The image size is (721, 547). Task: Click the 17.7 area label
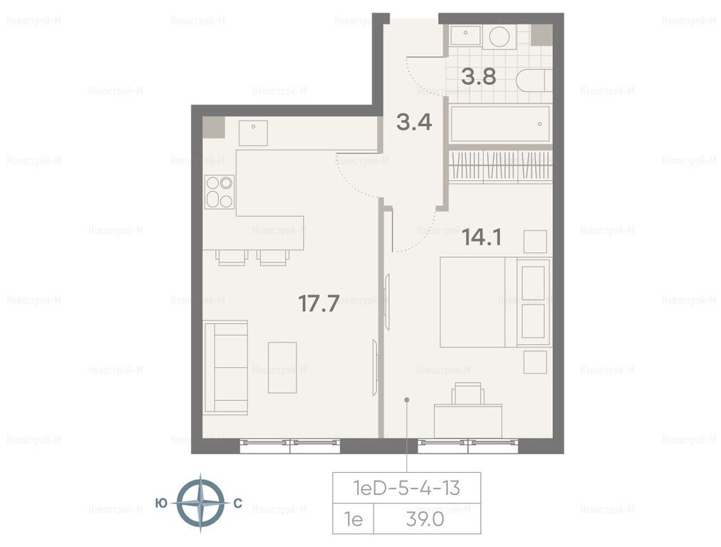pos(319,303)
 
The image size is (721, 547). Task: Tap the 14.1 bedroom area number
pos(482,237)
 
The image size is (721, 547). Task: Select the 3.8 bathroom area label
pos(479,77)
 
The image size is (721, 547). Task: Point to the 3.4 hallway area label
pos(415,123)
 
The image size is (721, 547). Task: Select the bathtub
pos(500,124)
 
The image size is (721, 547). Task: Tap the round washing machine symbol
pos(499,36)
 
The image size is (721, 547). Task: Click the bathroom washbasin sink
pos(466,35)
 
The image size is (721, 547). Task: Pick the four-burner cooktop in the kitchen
pos(219,192)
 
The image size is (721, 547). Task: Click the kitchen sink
pos(253,133)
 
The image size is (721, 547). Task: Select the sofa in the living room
pos(226,368)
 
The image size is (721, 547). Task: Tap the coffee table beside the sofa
pos(282,368)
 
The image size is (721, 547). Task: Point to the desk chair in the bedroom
pos(468,393)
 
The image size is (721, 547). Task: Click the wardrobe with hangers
pos(500,165)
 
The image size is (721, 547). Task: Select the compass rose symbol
pos(200,504)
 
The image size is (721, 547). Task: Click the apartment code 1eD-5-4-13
pos(407,488)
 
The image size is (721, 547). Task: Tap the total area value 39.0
pos(425,519)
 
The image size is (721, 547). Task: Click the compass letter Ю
pos(162,504)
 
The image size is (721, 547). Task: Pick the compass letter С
pos(238,504)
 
